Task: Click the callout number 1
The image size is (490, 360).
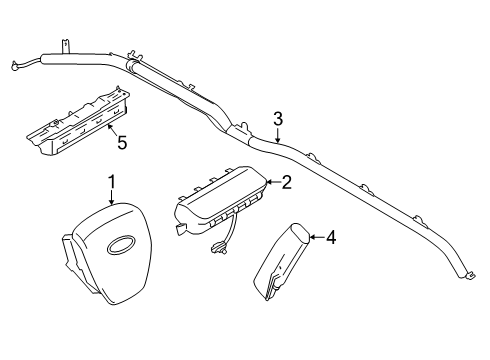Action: (x=112, y=182)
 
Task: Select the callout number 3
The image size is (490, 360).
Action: (x=279, y=119)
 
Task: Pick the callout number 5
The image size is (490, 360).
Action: (x=122, y=143)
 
